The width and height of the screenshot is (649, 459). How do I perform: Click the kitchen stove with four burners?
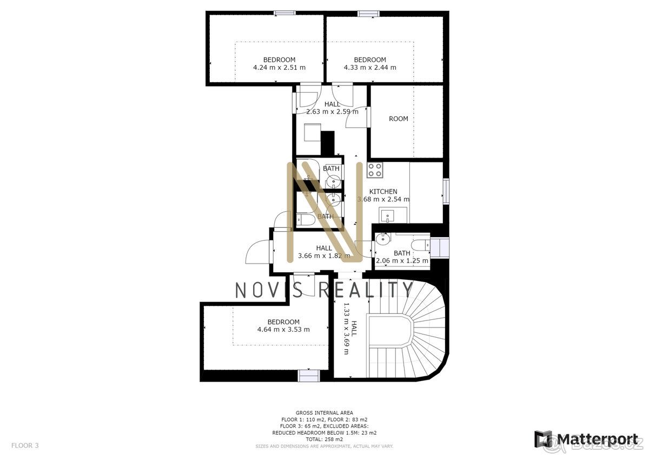coord(375,169)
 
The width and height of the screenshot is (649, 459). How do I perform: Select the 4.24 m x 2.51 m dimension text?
coord(279,68)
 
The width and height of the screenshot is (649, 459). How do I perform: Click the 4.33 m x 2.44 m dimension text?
coord(370,68)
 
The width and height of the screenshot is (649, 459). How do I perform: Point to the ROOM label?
coord(399,119)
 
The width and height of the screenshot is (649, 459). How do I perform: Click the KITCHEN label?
coord(383,192)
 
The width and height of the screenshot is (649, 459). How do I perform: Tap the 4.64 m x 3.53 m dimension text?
coord(283,330)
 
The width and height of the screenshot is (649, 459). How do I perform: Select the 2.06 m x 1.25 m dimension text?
coord(402,261)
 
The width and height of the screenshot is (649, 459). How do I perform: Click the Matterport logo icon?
coord(542,439)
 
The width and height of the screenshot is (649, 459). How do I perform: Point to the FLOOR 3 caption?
coord(25,445)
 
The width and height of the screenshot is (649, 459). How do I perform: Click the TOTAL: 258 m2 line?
coord(324,440)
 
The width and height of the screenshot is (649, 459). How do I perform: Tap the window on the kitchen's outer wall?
coord(446,192)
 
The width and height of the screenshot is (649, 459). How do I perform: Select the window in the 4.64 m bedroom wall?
coord(309,376)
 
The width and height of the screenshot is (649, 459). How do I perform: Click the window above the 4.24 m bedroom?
coord(285,13)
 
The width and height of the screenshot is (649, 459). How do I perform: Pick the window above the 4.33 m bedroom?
coord(368,13)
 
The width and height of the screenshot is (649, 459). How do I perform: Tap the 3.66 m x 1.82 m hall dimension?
coord(324,255)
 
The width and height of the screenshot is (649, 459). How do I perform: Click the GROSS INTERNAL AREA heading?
coord(324,412)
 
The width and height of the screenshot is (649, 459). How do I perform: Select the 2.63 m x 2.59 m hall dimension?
coord(332,112)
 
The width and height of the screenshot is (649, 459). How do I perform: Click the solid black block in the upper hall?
coord(328,143)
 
